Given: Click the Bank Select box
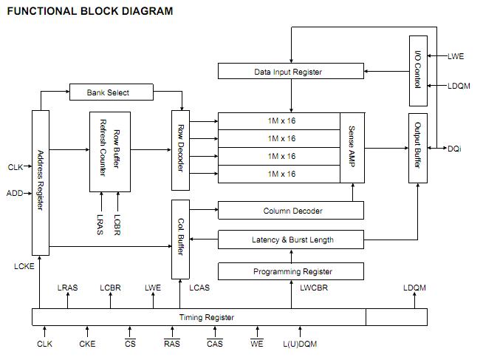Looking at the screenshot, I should tap(110, 92).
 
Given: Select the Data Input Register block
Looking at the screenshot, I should tap(291, 72).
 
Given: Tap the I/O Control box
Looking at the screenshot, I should tap(418, 71).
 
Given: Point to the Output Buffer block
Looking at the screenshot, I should tap(418, 148).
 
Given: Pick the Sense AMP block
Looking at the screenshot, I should tap(352, 148).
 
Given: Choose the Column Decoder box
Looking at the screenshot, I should tap(291, 211).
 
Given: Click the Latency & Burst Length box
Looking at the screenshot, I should tap(291, 240).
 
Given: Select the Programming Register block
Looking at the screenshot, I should tap(291, 271).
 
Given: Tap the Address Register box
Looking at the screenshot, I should tap(41, 181).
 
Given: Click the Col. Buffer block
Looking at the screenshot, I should tap(181, 239).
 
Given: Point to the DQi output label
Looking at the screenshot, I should tap(455, 149).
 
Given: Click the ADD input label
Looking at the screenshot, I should tap(15, 194).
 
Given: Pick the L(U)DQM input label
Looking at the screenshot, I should tap(300, 344).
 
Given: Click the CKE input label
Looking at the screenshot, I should tap(87, 344).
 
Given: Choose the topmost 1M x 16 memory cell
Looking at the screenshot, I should tap(281, 120).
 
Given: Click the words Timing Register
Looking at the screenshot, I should tap(207, 317).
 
